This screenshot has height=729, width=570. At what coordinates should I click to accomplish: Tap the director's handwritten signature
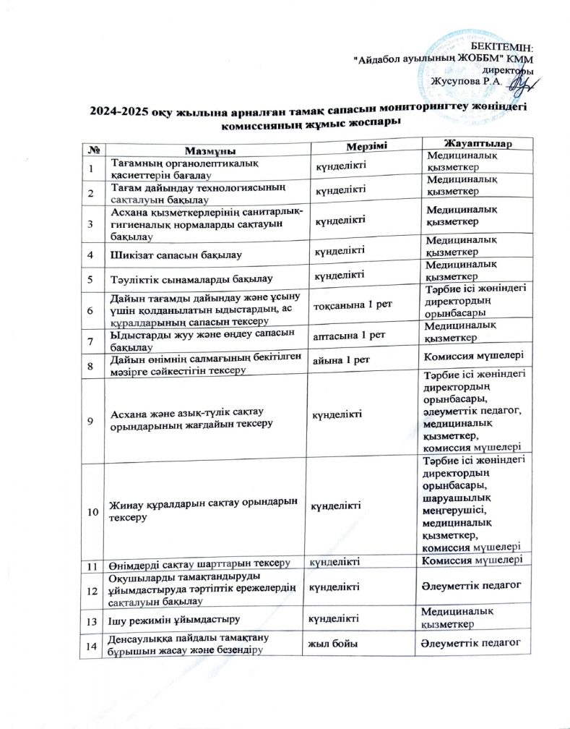tap(518, 86)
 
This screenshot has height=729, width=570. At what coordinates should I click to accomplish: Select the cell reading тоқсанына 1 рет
tap(351, 305)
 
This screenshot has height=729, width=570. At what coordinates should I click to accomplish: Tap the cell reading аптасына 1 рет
tap(347, 336)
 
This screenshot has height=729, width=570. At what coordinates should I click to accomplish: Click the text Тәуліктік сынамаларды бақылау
tap(191, 278)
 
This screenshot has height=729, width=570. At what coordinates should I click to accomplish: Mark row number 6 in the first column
tap(91, 310)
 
